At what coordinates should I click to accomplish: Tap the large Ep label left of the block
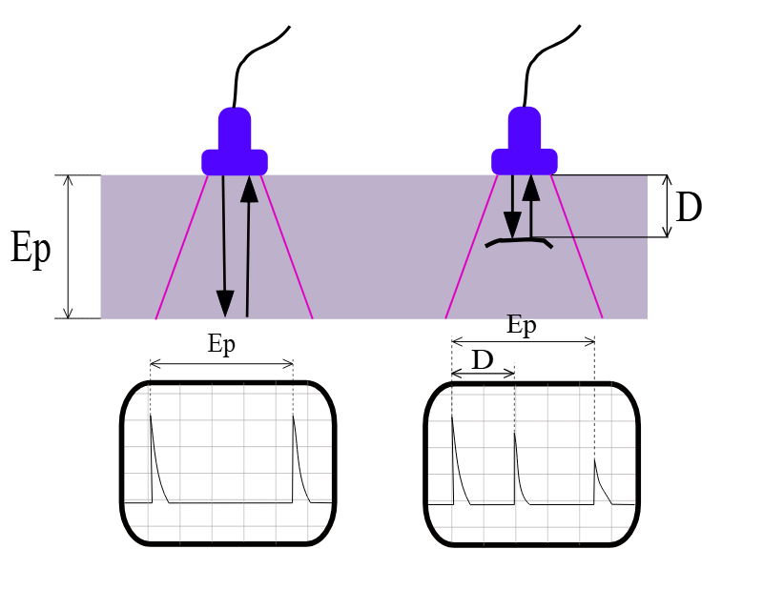(31, 248)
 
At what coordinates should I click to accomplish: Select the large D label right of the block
(689, 207)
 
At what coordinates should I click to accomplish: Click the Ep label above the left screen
(221, 344)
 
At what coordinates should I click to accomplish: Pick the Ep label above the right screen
(521, 324)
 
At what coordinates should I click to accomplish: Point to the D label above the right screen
(483, 360)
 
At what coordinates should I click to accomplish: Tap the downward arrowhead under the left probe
(225, 303)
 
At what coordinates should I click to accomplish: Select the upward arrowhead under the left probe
(250, 189)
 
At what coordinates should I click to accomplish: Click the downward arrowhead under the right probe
(512, 225)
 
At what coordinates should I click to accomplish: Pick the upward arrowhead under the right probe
(531, 188)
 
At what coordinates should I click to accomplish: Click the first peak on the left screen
(151, 417)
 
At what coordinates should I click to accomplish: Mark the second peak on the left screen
(294, 417)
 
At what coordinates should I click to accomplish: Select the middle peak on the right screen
(515, 433)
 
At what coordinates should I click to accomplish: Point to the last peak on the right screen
(594, 460)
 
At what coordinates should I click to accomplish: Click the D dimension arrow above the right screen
(484, 374)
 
